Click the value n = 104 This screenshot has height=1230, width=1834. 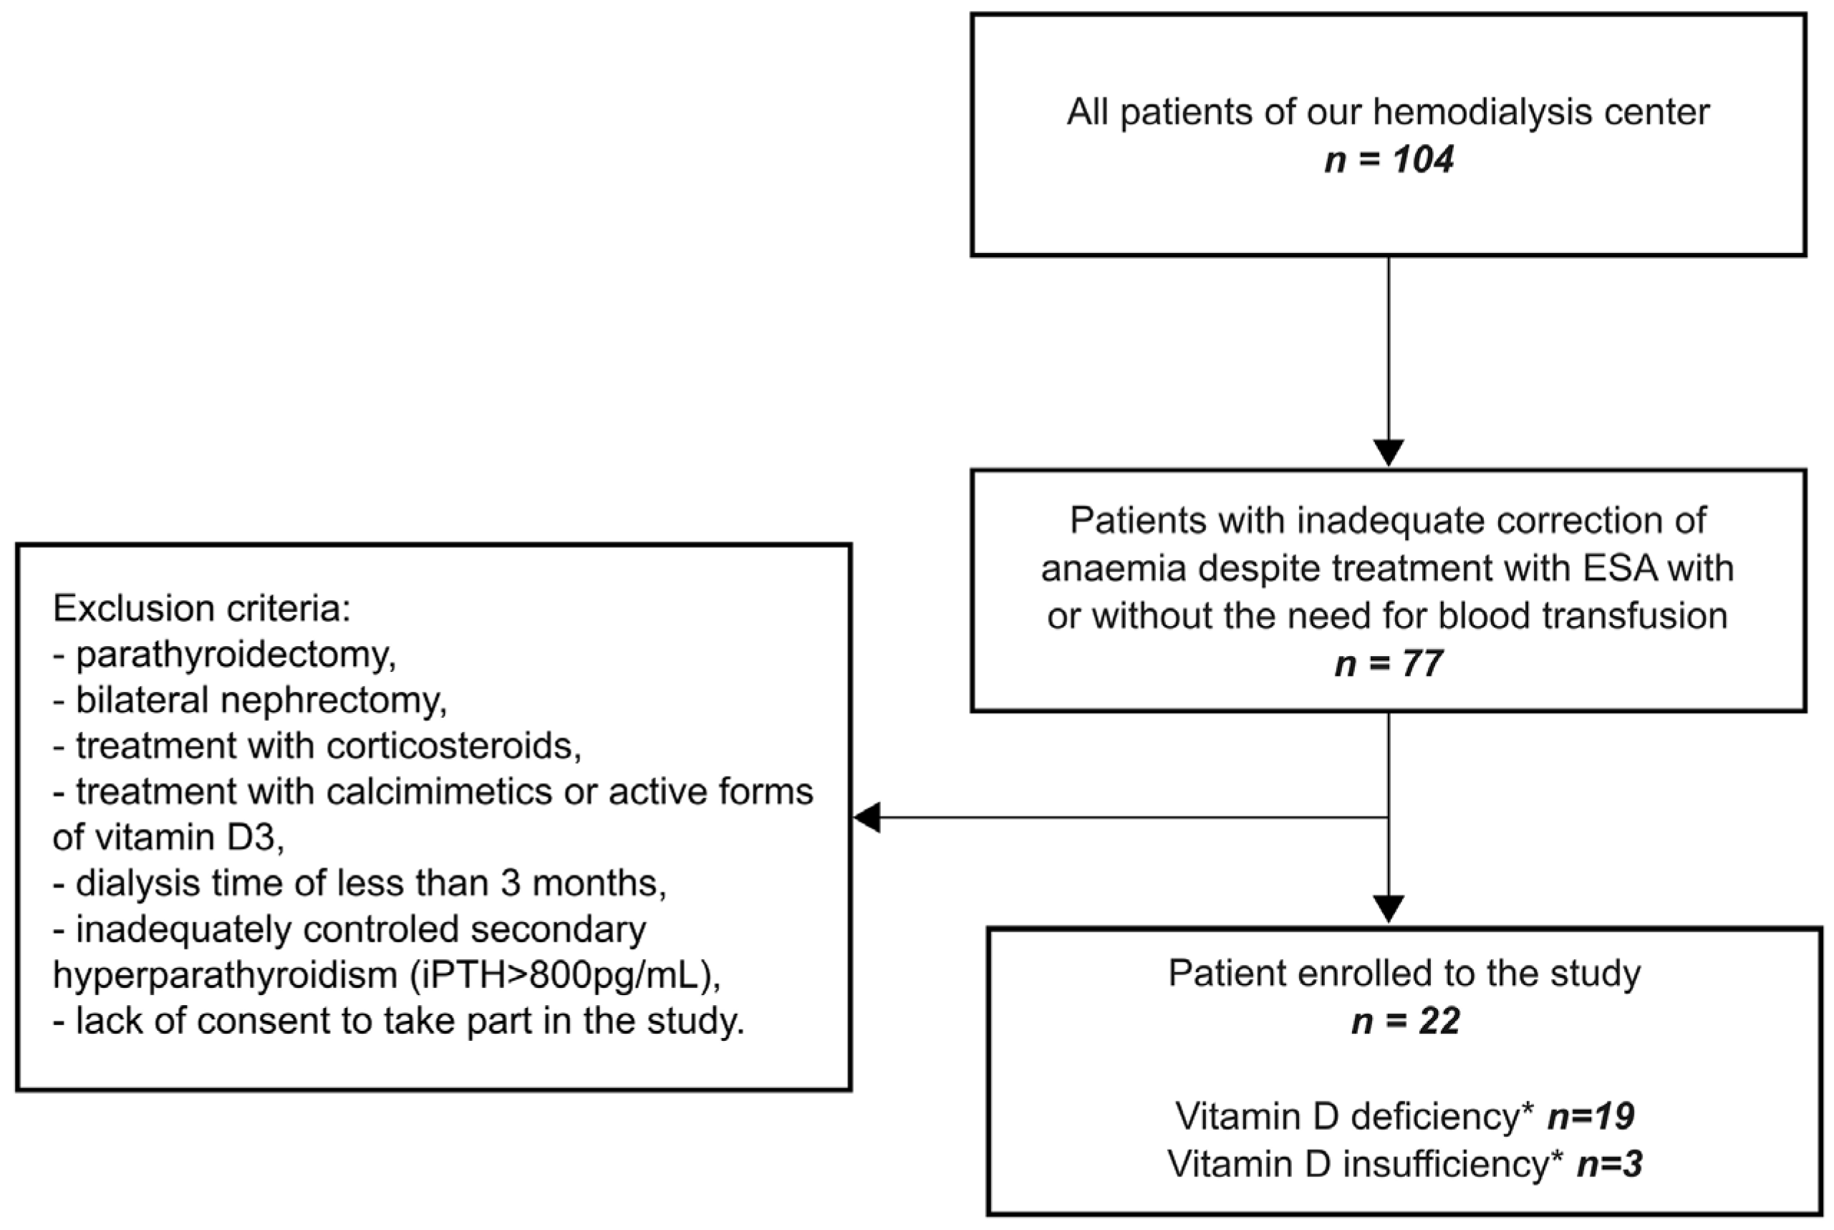click(x=1389, y=159)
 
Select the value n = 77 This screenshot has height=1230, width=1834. click(x=1389, y=663)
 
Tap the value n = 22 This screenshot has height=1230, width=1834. click(x=1405, y=1022)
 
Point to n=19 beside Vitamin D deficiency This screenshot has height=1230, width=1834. click(x=1590, y=1116)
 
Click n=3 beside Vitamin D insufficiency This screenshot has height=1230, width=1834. click(x=1609, y=1163)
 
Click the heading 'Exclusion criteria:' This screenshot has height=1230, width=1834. click(x=201, y=609)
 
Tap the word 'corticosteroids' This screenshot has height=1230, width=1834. click(x=453, y=746)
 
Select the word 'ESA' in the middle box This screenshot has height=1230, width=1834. click(x=1618, y=569)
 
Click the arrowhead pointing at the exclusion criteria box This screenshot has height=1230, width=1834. click(x=867, y=817)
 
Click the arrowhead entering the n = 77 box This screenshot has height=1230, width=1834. click(x=1389, y=453)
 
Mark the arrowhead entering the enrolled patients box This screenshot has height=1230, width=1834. click(x=1389, y=909)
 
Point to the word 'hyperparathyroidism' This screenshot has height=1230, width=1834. click(x=226, y=976)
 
